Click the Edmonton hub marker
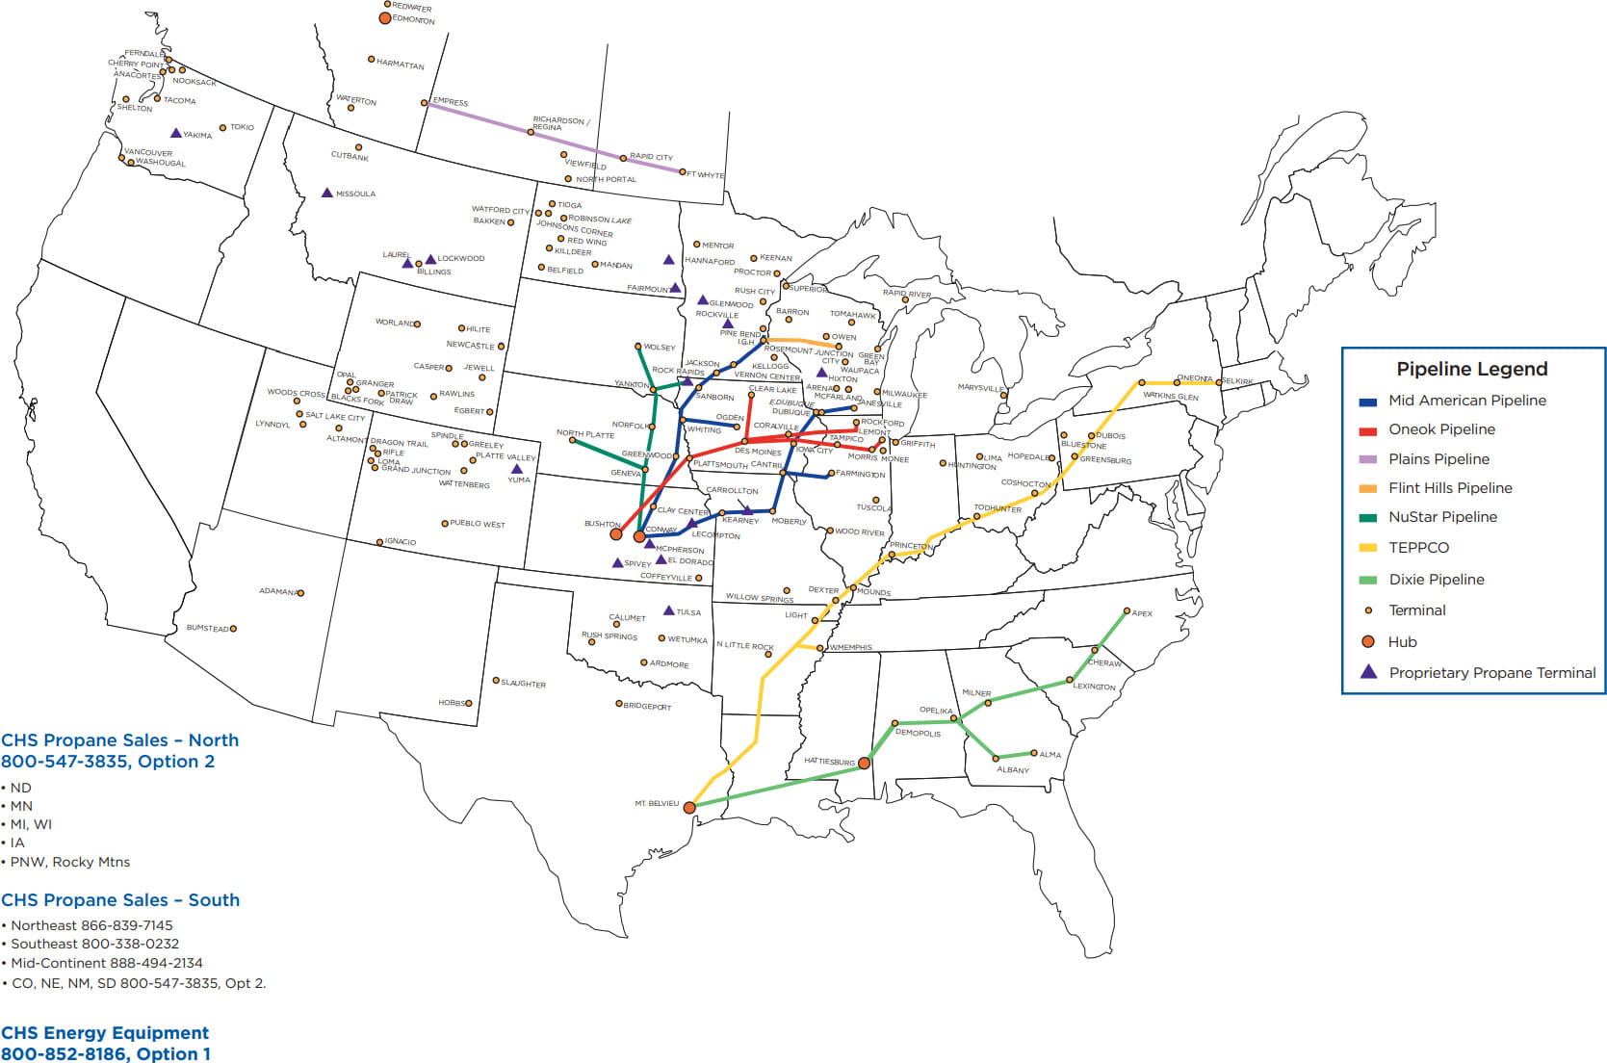(x=385, y=18)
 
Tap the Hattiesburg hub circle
(x=865, y=764)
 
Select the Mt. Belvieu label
(x=657, y=803)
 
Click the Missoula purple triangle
(x=327, y=194)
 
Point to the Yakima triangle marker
(x=176, y=134)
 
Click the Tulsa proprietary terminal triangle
(x=669, y=610)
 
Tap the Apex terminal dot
(x=1127, y=611)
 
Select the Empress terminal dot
(x=425, y=103)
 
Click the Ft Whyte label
(x=706, y=175)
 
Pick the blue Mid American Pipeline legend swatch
(x=1368, y=401)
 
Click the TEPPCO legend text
(x=1418, y=548)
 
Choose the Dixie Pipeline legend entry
(x=1437, y=580)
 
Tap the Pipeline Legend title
(x=1472, y=370)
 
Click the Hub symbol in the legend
(x=1368, y=642)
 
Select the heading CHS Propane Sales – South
(x=120, y=900)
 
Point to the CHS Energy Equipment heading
(x=105, y=1033)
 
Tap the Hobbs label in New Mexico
(x=452, y=703)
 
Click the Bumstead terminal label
(x=207, y=629)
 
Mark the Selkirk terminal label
(x=1238, y=382)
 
